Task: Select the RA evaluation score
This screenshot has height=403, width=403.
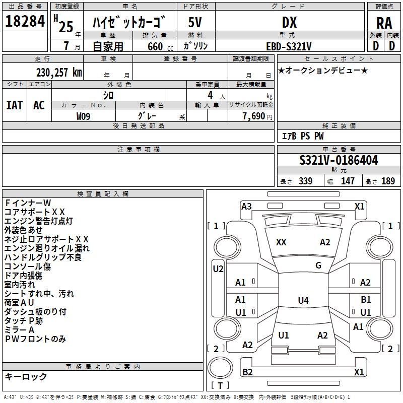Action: [384, 23]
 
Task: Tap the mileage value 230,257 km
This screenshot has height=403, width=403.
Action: [59, 73]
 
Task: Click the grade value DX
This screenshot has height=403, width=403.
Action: [289, 22]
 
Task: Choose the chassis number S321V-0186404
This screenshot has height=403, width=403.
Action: [338, 161]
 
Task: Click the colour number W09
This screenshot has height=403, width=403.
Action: [84, 116]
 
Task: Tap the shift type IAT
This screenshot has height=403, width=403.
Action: [15, 105]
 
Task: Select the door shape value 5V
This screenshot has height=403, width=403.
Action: [195, 22]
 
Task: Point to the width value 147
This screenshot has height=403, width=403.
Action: [348, 181]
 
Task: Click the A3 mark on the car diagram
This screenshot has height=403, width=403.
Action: [246, 206]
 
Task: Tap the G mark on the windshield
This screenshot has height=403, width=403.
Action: [318, 265]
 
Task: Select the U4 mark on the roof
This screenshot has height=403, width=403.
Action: [303, 301]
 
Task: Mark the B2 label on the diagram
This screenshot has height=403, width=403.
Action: [247, 372]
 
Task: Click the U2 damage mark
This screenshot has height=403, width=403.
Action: [218, 269]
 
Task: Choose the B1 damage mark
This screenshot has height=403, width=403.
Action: [366, 300]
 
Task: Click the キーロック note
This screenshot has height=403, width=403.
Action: [26, 377]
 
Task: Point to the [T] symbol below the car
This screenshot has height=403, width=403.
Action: [220, 386]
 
